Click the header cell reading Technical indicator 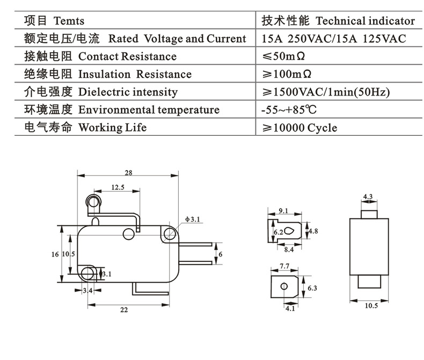pos(365,21)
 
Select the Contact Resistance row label pos(127,56)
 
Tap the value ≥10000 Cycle pos(299,128)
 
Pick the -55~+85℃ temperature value pos(288,110)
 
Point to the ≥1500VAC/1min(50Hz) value pos(325,92)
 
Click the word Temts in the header pos(69,21)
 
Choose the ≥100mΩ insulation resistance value pos(287,74)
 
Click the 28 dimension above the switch pos(128,173)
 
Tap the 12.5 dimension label pos(118,187)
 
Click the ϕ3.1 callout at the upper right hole pos(192,219)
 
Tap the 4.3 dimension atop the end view pos(368,197)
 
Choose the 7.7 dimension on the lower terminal pos(284,266)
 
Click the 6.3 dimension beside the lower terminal pos(313,288)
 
